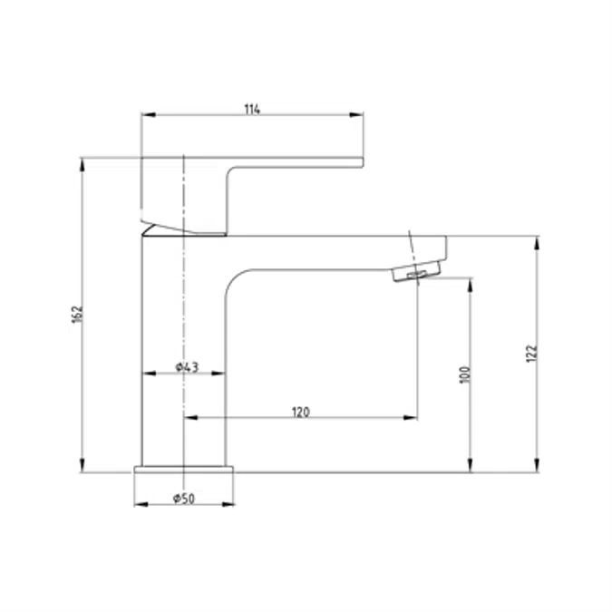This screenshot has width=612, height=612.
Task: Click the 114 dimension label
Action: pos(252,110)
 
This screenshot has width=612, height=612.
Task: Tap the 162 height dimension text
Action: pos(78,315)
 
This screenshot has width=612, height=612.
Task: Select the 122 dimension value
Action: pos(531,354)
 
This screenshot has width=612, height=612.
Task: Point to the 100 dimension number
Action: pos(465,375)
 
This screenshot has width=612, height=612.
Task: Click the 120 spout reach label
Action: pos(300,413)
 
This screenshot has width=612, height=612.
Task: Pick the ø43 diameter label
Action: pos(187,367)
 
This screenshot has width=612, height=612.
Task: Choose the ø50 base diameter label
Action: pos(183,499)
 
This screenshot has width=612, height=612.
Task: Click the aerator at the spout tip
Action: pos(416,271)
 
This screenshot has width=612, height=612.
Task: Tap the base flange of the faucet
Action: pos(184,470)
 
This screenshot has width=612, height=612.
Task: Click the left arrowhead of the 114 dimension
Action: pos(149,115)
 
